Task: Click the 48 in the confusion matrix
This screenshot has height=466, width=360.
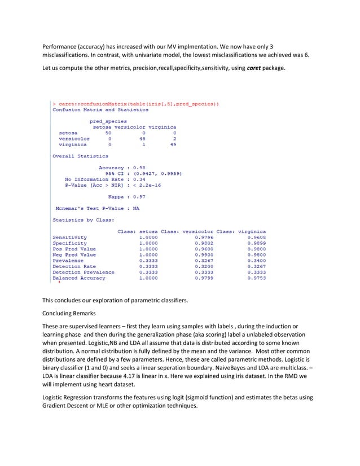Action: point(142,139)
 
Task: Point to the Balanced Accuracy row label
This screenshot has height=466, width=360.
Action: point(78,278)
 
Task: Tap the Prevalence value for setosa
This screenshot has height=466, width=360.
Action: point(148,261)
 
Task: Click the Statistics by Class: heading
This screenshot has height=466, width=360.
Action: point(76,219)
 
